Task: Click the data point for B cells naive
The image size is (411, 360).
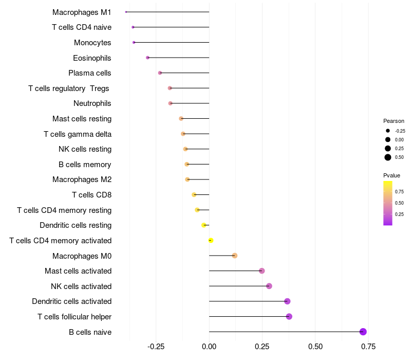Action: click(x=363, y=332)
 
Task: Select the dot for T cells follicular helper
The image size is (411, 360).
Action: click(x=289, y=316)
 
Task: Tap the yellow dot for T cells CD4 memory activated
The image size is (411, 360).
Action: click(x=211, y=240)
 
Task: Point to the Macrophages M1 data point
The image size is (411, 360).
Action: click(x=126, y=12)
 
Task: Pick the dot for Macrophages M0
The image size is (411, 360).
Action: click(x=235, y=256)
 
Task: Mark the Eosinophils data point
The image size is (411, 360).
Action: click(x=147, y=58)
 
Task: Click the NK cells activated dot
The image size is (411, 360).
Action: click(x=269, y=286)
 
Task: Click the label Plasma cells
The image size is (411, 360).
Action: click(x=90, y=73)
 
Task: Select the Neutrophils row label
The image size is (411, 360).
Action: click(x=92, y=103)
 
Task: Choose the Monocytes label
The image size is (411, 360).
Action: click(x=92, y=42)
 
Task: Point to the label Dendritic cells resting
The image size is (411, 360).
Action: click(x=76, y=225)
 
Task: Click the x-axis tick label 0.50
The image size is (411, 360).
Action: click(x=315, y=347)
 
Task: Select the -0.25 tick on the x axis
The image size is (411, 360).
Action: click(x=155, y=347)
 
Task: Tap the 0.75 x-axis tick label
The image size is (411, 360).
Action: click(x=368, y=347)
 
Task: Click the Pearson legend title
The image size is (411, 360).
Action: click(x=394, y=121)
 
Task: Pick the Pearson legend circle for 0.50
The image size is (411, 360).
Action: click(x=388, y=157)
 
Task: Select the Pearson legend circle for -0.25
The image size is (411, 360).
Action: click(x=388, y=131)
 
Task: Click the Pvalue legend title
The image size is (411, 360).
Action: click(x=391, y=175)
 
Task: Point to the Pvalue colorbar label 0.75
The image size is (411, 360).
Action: click(x=400, y=191)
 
